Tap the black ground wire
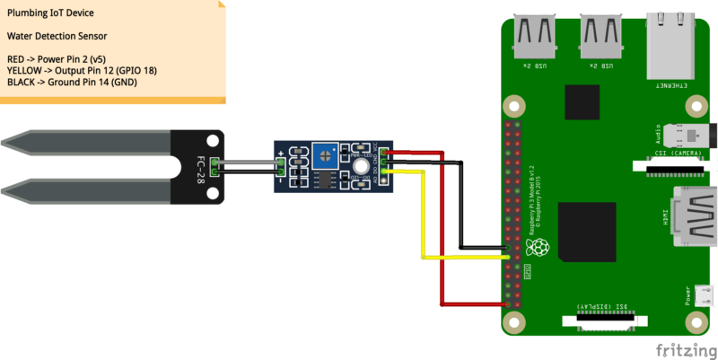pos(460,206)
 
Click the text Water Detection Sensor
pos(57,37)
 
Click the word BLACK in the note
pos(22,82)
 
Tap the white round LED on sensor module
pos(360,165)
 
